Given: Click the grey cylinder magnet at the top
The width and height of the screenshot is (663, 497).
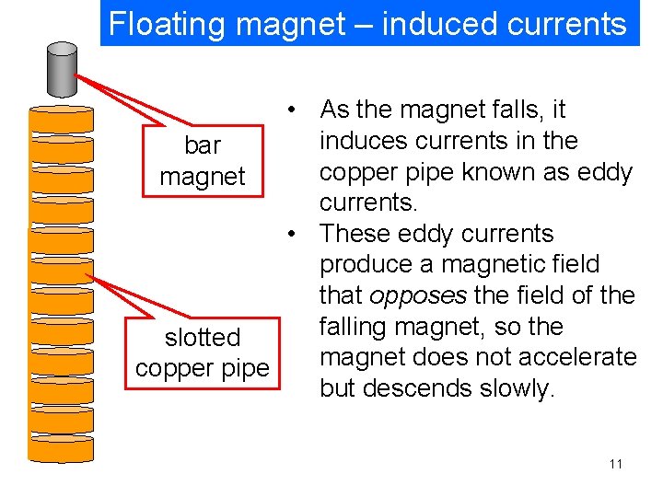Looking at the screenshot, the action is tap(63, 69).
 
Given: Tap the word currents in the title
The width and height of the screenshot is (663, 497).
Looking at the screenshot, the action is tap(564, 24).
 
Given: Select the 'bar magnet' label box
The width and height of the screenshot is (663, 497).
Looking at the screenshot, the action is tap(202, 161).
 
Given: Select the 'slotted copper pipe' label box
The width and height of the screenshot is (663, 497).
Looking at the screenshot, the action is tap(202, 353).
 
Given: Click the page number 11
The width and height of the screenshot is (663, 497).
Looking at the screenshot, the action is tap(616, 463).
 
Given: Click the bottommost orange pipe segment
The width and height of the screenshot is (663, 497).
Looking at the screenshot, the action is tap(63, 449).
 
